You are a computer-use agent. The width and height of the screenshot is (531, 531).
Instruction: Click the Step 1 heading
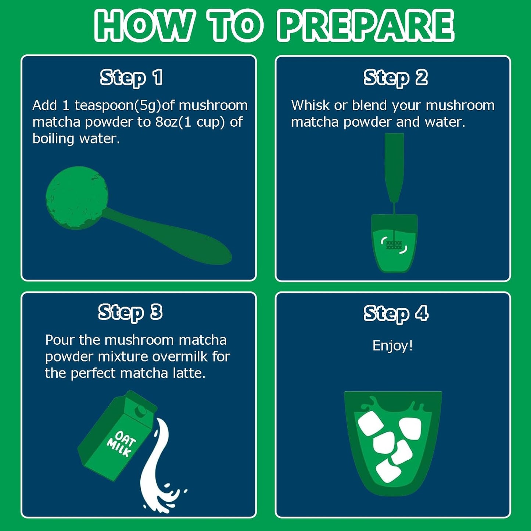[131, 78]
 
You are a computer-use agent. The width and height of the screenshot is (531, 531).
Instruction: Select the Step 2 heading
[395, 78]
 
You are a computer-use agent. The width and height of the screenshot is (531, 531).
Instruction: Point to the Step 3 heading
[130, 313]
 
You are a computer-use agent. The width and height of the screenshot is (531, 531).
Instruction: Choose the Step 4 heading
[396, 314]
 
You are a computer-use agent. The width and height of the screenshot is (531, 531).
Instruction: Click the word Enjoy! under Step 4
[393, 346]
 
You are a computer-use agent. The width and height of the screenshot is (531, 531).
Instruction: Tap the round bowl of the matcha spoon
[76, 198]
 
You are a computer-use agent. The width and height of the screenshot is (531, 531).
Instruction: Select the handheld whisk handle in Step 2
[394, 168]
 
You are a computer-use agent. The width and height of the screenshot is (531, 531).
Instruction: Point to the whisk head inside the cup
[394, 245]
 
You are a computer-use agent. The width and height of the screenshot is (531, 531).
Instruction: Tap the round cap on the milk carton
[141, 411]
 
